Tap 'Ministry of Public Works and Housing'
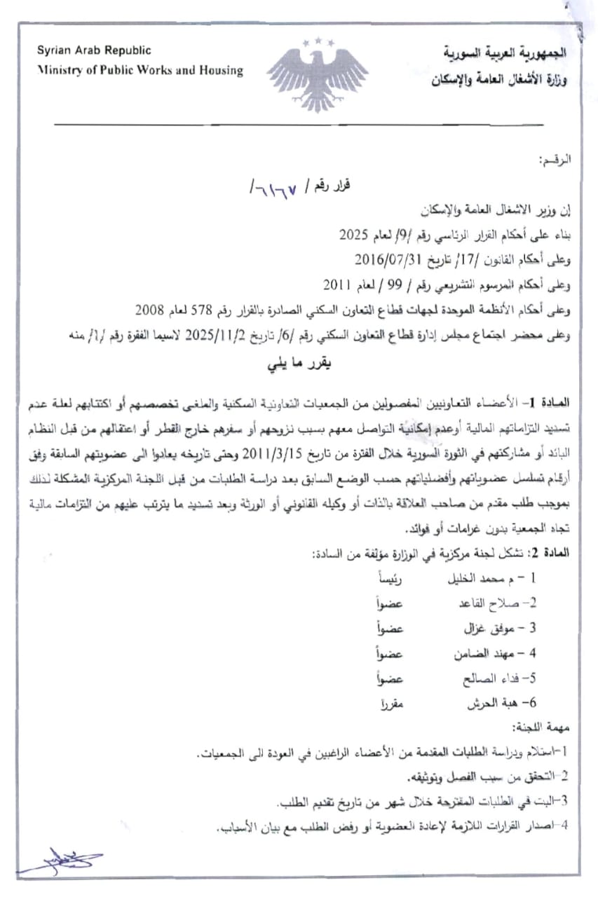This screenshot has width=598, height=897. pos(140,70)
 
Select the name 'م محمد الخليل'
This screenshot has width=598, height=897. pos(479,580)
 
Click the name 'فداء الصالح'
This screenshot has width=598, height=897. pos(484,678)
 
